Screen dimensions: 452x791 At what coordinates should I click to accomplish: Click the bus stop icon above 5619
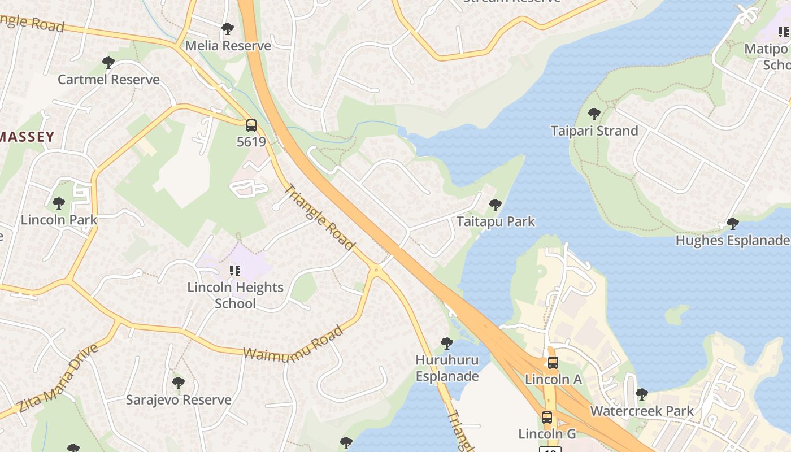[x=251, y=125]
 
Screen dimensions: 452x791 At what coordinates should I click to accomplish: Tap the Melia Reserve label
[x=228, y=45]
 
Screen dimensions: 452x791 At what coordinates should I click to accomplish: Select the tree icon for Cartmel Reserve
[x=108, y=63]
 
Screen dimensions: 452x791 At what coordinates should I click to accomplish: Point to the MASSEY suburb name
[x=27, y=136]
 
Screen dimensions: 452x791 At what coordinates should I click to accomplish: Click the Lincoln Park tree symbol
[x=59, y=203]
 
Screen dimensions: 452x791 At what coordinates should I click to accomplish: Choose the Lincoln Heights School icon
[x=234, y=271]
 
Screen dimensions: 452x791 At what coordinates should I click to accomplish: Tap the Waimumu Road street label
[x=293, y=342]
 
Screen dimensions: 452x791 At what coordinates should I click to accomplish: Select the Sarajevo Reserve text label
[x=179, y=399]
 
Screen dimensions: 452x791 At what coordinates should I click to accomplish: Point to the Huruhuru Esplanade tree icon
[x=447, y=343]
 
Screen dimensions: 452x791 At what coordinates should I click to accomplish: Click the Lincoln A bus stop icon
[x=553, y=363]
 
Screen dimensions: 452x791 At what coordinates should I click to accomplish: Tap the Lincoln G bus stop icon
[x=547, y=418]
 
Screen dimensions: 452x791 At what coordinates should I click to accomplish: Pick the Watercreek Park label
[x=642, y=411]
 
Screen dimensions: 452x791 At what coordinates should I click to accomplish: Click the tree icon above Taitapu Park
[x=496, y=205]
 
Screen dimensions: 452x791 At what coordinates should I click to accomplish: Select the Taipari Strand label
[x=594, y=131]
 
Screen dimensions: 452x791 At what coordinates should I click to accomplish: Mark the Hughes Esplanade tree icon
[x=733, y=224]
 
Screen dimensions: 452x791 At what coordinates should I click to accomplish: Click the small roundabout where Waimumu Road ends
[x=376, y=271]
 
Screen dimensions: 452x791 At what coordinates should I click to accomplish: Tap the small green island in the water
[x=677, y=314]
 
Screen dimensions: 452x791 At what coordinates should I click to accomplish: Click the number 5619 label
[x=251, y=141]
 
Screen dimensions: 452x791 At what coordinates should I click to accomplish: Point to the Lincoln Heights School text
[x=236, y=295]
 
